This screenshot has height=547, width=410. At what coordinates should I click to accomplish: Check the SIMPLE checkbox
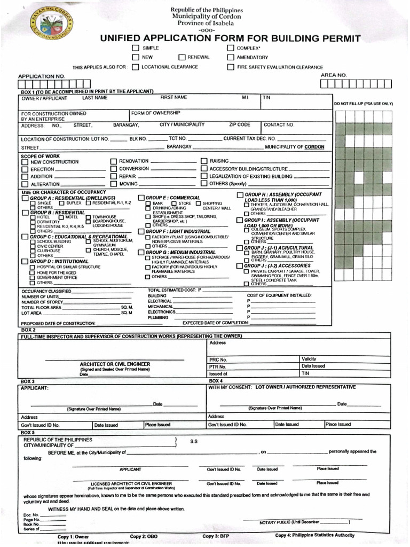pyautogui.click(x=136, y=48)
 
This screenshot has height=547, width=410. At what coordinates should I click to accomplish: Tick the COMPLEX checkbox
pyautogui.click(x=231, y=48)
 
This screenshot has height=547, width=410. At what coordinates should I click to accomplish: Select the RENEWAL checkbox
pyautogui.click(x=182, y=57)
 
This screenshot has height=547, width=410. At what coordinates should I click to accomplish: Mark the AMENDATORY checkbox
pyautogui.click(x=231, y=57)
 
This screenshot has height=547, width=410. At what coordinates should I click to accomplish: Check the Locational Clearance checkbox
pyautogui.click(x=136, y=67)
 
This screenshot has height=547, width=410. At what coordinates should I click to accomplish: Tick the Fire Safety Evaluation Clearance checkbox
pyautogui.click(x=231, y=67)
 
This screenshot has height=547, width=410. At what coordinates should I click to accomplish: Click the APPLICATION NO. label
pyautogui.click(x=42, y=76)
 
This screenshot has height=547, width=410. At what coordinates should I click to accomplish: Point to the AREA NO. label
pyautogui.click(x=334, y=75)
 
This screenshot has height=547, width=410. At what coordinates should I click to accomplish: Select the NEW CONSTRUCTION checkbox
pyautogui.click(x=25, y=162)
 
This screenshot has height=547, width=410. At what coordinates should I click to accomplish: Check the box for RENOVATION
pyautogui.click(x=113, y=161)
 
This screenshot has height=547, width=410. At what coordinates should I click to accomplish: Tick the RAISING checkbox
pyautogui.click(x=204, y=161)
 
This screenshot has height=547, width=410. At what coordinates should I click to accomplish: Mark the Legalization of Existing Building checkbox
pyautogui.click(x=204, y=176)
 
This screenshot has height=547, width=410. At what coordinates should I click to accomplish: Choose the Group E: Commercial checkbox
pyautogui.click(x=141, y=198)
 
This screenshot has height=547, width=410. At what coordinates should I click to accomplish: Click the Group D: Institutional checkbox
pyautogui.click(x=25, y=261)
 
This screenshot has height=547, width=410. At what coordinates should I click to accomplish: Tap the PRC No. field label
pyautogui.click(x=218, y=360)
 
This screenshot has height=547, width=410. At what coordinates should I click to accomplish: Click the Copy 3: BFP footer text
pyautogui.click(x=216, y=535)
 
